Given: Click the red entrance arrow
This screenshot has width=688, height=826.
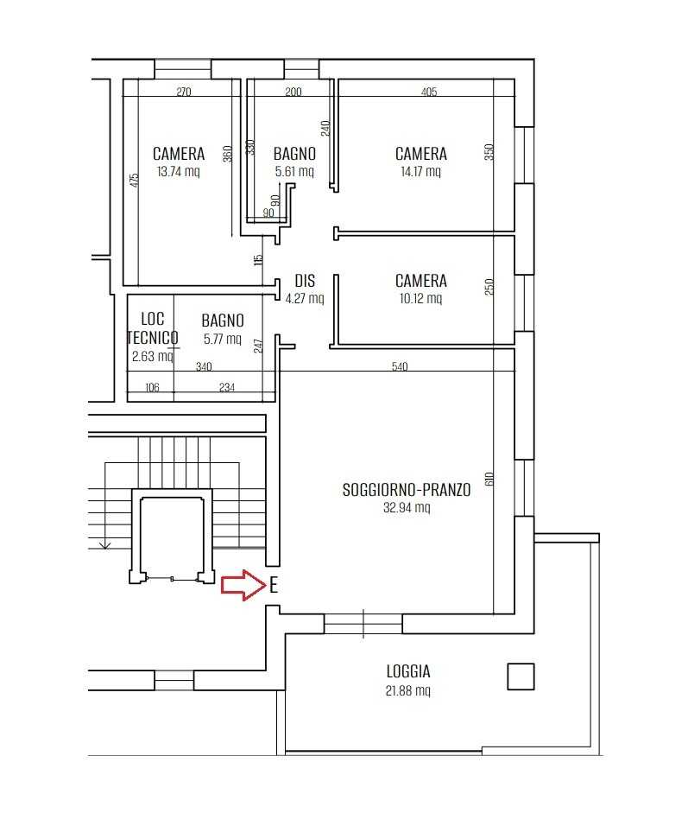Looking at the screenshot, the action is pyautogui.click(x=243, y=585).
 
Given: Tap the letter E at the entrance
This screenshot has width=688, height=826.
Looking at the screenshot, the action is pyautogui.click(x=274, y=585).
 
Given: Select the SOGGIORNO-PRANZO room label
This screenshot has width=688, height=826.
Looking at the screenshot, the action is pyautogui.click(x=407, y=490).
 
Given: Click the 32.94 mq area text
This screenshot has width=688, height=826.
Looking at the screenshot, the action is pyautogui.click(x=407, y=507).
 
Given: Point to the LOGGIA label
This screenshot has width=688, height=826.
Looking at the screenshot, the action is pyautogui.click(x=408, y=671).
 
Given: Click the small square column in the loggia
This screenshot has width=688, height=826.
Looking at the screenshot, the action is pyautogui.click(x=521, y=677).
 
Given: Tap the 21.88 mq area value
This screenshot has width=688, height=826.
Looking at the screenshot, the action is pyautogui.click(x=408, y=690).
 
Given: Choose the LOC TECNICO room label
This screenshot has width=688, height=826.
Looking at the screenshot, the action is pyautogui.click(x=153, y=327).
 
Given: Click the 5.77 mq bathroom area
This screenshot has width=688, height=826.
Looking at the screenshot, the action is pyautogui.click(x=223, y=339).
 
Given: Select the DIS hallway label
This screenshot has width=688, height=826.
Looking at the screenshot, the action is pyautogui.click(x=305, y=281).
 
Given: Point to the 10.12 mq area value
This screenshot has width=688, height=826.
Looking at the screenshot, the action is pyautogui.click(x=420, y=299).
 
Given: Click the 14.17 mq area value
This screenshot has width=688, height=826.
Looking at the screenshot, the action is pyautogui.click(x=420, y=171).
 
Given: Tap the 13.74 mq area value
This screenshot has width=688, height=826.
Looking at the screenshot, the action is pyautogui.click(x=179, y=171).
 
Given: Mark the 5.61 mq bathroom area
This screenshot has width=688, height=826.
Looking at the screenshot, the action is pyautogui.click(x=294, y=171).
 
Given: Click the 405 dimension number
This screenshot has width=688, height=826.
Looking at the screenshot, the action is pyautogui.click(x=429, y=92).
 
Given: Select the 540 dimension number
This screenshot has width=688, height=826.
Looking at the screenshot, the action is pyautogui.click(x=400, y=366).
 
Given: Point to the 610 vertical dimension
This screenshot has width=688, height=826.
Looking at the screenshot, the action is pyautogui.click(x=489, y=479).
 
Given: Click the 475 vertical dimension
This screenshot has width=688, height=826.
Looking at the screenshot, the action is pyautogui.click(x=134, y=181).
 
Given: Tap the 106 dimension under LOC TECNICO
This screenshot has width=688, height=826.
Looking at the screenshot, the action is pyautogui.click(x=152, y=388).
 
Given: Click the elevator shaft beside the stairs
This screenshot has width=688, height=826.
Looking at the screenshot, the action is pyautogui.click(x=172, y=537).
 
